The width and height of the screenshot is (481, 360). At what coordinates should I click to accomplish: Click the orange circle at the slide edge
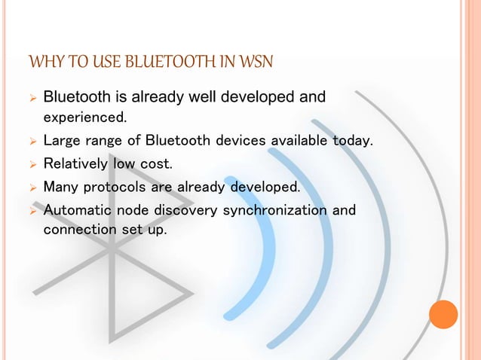click(x=443, y=314)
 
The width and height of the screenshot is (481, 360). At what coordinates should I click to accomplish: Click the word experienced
click(x=85, y=117)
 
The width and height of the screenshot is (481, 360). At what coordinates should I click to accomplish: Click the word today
click(x=354, y=141)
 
